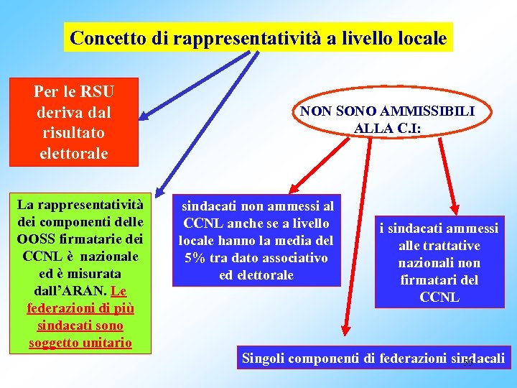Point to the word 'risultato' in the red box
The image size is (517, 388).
point(74,133)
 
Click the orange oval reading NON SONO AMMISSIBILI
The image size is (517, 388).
point(386,119)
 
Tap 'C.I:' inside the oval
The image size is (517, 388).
point(407,129)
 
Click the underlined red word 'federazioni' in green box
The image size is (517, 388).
point(57,308)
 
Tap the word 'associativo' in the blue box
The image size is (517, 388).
point(293,257)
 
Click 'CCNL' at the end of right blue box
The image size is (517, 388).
point(439,297)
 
